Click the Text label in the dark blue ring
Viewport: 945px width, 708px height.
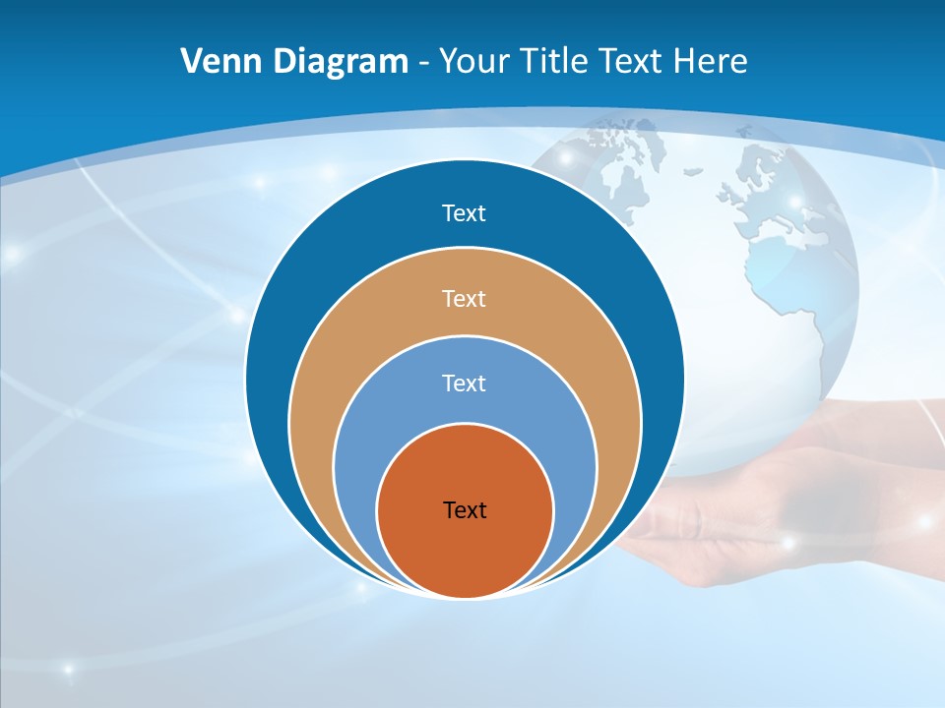coord(464,213)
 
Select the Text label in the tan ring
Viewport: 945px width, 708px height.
coord(464,298)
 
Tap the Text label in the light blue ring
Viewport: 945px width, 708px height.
coord(464,383)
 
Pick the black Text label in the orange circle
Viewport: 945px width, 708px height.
coord(465,509)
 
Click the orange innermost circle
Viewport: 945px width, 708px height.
coord(465,551)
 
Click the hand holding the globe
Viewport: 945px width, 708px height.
coord(787,492)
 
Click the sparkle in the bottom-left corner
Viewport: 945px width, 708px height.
coord(68,670)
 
